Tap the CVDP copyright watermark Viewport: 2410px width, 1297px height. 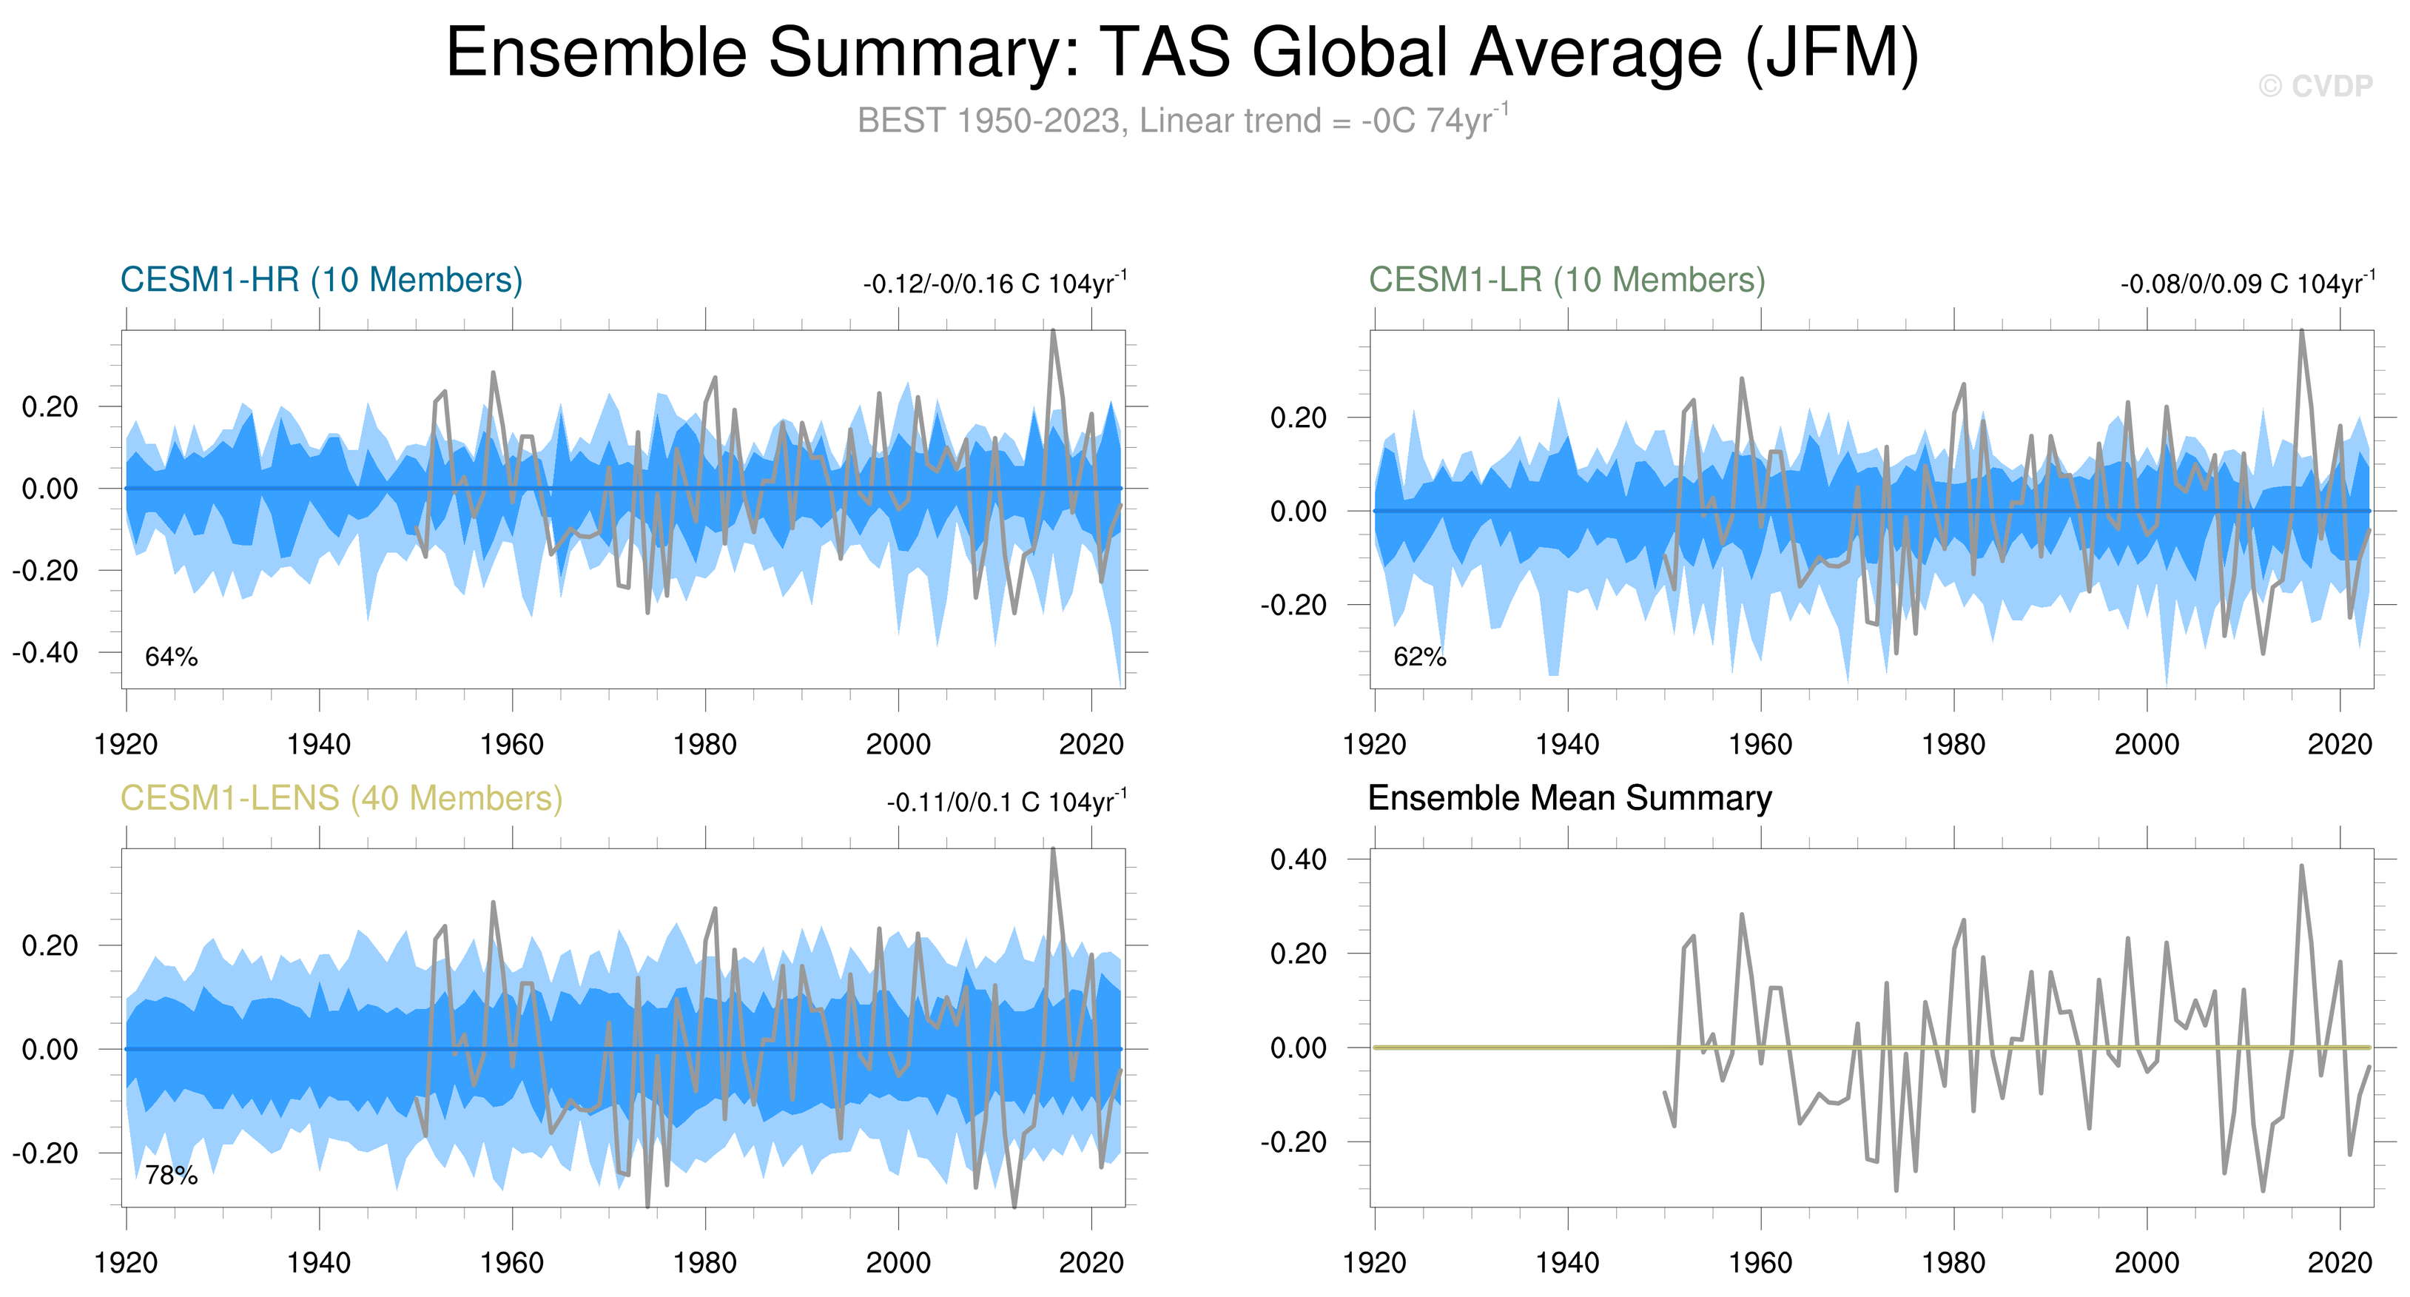pos(2315,86)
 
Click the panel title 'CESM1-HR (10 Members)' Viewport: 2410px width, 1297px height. pos(321,280)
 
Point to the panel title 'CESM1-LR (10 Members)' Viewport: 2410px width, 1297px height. pos(1567,280)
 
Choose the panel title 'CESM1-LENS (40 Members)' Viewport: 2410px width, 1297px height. pos(341,798)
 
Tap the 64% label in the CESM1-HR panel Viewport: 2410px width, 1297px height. pos(171,657)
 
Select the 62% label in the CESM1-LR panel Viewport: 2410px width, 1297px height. pos(1419,657)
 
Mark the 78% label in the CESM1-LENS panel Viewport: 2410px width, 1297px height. pos(171,1176)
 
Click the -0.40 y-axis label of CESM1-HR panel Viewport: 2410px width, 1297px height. pos(45,652)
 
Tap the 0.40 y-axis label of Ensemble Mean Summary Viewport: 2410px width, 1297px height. pos(1298,859)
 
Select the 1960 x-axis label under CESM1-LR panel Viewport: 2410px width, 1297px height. pos(1760,745)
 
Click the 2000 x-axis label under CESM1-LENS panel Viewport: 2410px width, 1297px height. pos(898,1263)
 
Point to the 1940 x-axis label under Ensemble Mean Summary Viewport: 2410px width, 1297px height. pos(1567,1263)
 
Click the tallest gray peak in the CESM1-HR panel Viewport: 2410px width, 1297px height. pos(1054,331)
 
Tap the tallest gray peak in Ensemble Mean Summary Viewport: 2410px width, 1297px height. pos(2301,867)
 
